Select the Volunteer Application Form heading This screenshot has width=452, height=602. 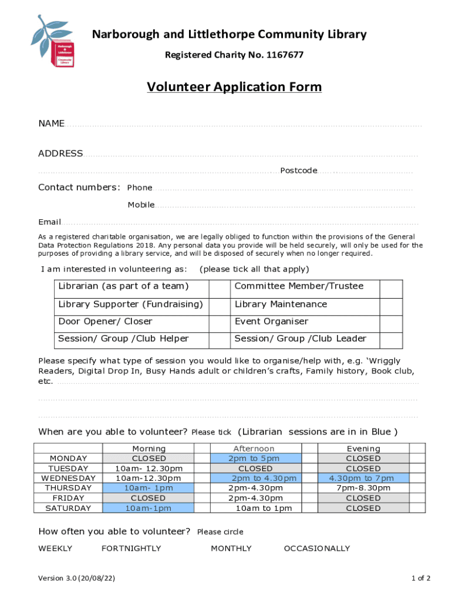pyautogui.click(x=234, y=88)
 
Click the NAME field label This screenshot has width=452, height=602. pyautogui.click(x=51, y=123)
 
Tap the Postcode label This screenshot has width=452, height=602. pyautogui.click(x=298, y=170)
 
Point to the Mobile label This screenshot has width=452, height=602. pyautogui.click(x=141, y=205)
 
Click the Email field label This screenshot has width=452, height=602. pyautogui.click(x=49, y=222)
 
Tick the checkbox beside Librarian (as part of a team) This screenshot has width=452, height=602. pyautogui.click(x=219, y=287)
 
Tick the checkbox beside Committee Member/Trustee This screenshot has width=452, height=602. pyautogui.click(x=390, y=287)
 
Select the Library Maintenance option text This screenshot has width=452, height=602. pyautogui.click(x=281, y=305)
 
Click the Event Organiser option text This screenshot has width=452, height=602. pyautogui.click(x=271, y=322)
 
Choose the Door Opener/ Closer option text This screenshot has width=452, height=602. pyautogui.click(x=105, y=322)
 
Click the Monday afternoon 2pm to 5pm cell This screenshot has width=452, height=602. pyautogui.click(x=255, y=459)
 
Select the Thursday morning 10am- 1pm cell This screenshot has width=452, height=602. pyautogui.click(x=149, y=488)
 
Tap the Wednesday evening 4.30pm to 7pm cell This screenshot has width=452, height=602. pyautogui.click(x=363, y=479)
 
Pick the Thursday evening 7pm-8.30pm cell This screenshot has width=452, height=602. pyautogui.click(x=363, y=488)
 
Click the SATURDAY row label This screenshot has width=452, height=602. pyautogui.click(x=68, y=508)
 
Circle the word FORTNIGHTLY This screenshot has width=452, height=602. pyautogui.click(x=131, y=549)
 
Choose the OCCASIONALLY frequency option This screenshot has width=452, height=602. pyautogui.click(x=316, y=549)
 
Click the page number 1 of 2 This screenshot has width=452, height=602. pyautogui.click(x=421, y=578)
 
